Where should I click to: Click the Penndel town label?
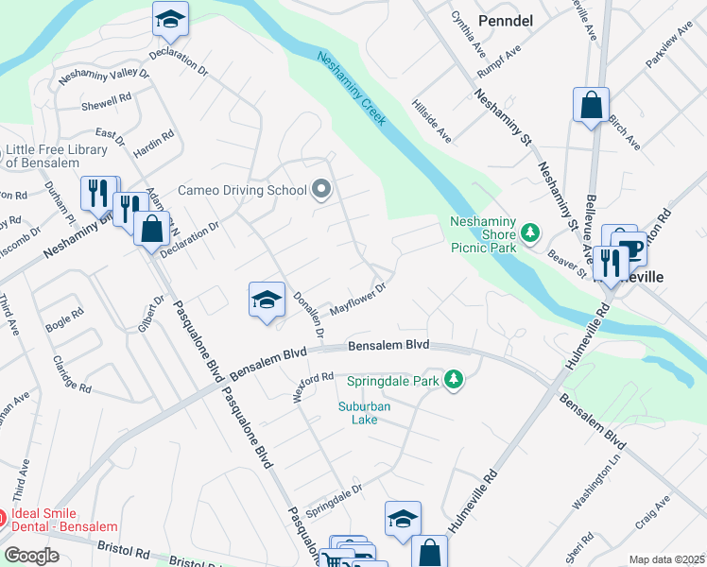pos(508,19)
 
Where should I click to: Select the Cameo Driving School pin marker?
pos(321,190)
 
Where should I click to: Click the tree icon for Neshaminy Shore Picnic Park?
pos(530,231)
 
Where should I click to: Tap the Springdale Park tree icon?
pos(455,380)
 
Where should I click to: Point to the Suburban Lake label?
pos(365,413)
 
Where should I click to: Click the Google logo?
pos(31,556)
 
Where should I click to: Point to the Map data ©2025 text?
pos(666,559)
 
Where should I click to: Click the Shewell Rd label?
pos(106,101)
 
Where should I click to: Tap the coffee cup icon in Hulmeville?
pos(633,249)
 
